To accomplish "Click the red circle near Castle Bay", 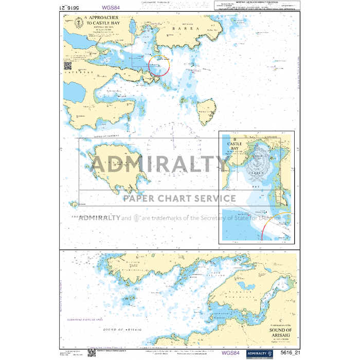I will (x=159, y=65).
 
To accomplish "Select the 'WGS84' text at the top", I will (x=112, y=8).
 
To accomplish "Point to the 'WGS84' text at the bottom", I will (x=230, y=353).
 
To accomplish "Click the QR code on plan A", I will (x=67, y=65).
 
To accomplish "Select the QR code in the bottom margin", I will (x=92, y=352).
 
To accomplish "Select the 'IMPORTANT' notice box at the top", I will (x=257, y=6).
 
